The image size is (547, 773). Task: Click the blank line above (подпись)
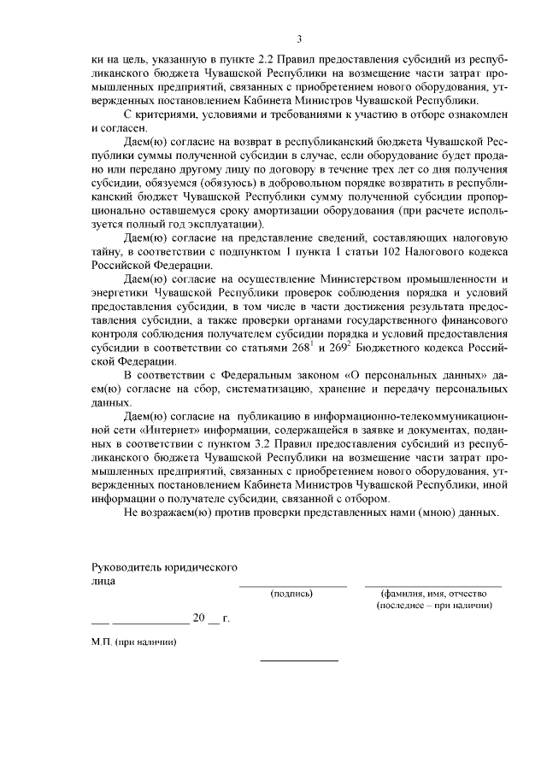[x=292, y=586]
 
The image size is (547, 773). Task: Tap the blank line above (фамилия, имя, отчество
[x=432, y=586]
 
